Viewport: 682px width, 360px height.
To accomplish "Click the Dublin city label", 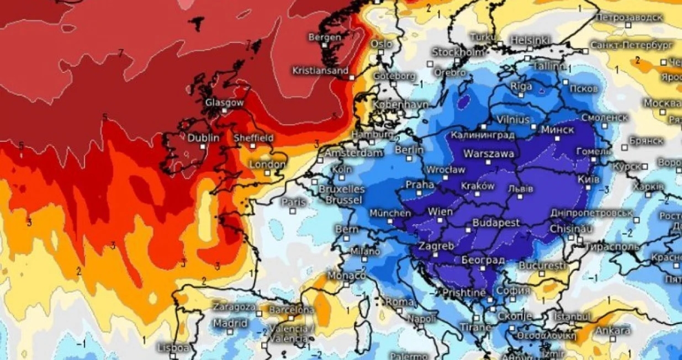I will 203,138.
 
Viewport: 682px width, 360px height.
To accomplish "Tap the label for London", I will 267,165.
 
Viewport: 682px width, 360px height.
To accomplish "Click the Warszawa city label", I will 489,154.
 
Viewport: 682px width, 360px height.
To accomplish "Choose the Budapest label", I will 496,223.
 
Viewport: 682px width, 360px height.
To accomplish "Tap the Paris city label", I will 294,203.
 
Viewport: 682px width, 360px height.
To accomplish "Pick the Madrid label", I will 230,323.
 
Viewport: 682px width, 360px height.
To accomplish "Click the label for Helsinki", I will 530,40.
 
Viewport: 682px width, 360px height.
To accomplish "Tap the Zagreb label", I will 436,246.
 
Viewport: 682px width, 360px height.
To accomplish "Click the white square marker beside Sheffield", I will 252,146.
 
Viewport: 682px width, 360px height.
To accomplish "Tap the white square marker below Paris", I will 293,210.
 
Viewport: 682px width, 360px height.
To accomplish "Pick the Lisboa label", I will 173,348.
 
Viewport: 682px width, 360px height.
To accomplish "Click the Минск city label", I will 558,129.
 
